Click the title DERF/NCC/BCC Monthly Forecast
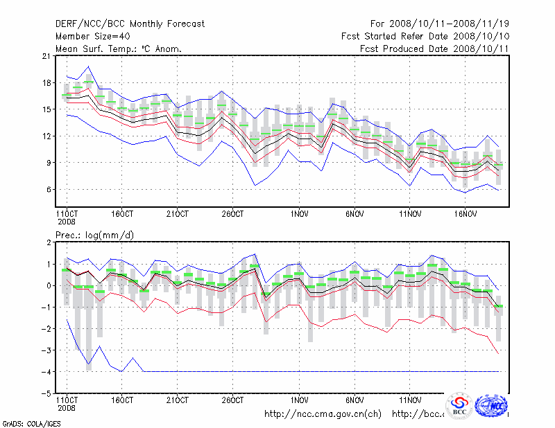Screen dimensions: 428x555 pyautogui.click(x=130, y=24)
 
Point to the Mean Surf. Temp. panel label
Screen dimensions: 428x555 pyautogui.click(x=118, y=48)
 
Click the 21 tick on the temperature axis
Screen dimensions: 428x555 pyautogui.click(x=46, y=56)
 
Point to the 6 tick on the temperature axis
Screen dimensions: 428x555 pyautogui.click(x=49, y=189)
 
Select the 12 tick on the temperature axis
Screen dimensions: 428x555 pyautogui.click(x=46, y=136)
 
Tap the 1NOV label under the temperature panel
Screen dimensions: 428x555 pyautogui.click(x=299, y=214)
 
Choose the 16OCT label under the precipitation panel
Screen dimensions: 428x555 pyautogui.click(x=122, y=400)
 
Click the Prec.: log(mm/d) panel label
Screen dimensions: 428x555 pyautogui.click(x=94, y=235)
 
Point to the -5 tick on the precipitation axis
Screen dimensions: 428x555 pyautogui.click(x=46, y=393)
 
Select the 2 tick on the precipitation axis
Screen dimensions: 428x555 pyautogui.click(x=49, y=242)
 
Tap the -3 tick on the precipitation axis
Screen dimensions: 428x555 pyautogui.click(x=46, y=350)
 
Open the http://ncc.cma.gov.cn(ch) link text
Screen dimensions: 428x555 pyautogui.click(x=323, y=414)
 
